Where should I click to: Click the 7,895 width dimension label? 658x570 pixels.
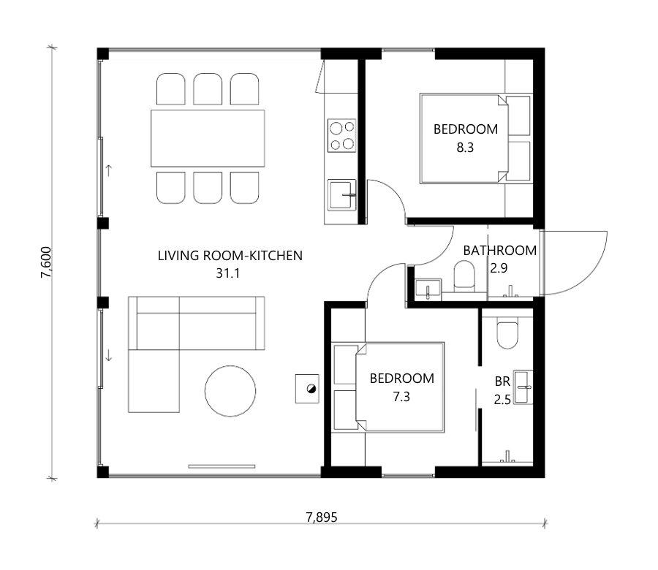[x=322, y=517]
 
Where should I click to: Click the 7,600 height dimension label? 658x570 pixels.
[x=46, y=262]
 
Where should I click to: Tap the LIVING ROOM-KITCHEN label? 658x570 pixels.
[x=230, y=256]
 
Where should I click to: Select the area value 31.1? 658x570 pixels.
[x=228, y=273]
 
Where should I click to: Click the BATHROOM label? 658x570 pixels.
[x=500, y=251]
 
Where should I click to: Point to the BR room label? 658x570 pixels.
[x=502, y=381]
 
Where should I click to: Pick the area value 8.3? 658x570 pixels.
[x=465, y=148]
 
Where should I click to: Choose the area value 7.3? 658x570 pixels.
[x=401, y=397]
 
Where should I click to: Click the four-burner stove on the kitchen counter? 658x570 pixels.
[x=341, y=135]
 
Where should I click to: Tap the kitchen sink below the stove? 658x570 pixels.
[x=341, y=195]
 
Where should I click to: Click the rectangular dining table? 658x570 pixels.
[x=208, y=138]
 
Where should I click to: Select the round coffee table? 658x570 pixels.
[x=230, y=391]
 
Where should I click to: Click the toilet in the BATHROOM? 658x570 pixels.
[x=464, y=276]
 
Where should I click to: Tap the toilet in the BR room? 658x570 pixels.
[x=507, y=334]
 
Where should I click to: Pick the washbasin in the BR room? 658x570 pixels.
[x=523, y=387]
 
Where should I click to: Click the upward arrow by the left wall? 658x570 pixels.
[x=109, y=170]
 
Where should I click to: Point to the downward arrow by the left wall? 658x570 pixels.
[x=109, y=356]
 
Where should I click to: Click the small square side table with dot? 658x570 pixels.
[x=307, y=389]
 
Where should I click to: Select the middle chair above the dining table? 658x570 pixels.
[x=208, y=89]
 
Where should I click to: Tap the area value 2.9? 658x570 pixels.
[x=499, y=268]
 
